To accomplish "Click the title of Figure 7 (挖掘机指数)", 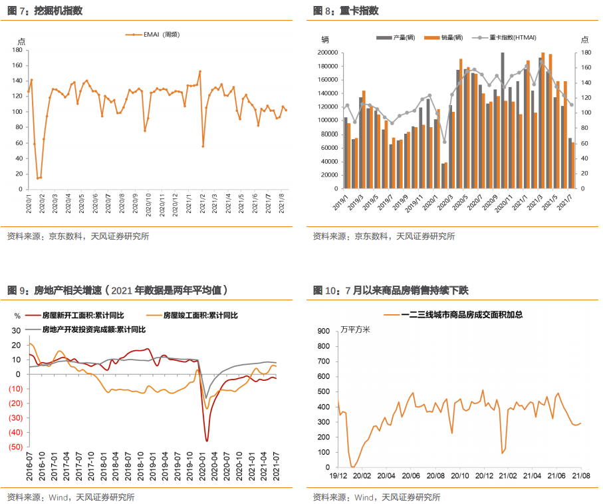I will coord(40,10).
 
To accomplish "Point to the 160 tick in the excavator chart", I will coord(19,66).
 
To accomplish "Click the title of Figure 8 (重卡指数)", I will coord(346,10).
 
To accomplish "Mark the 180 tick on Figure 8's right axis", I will coord(586,53).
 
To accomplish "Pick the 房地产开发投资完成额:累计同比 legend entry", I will coord(93,328).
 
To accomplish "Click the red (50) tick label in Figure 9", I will coord(14,446).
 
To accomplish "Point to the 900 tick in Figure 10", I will coord(323,330).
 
